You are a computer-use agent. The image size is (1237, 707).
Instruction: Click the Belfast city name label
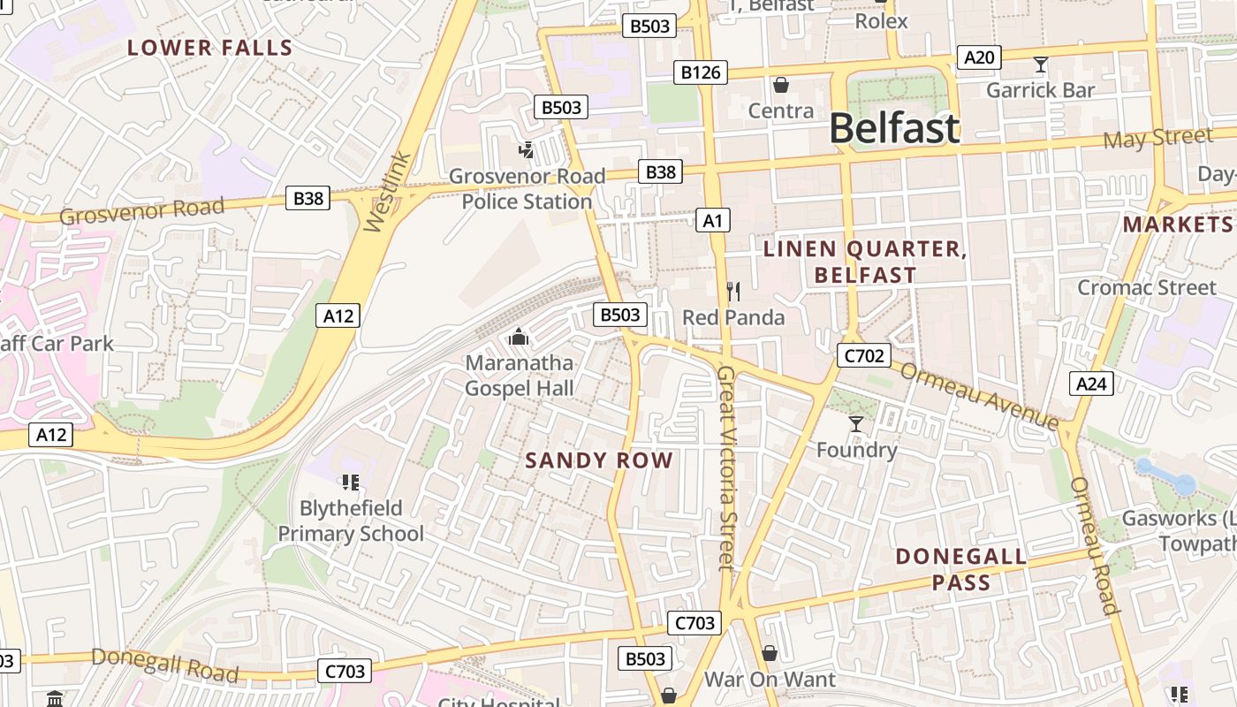tap(893, 128)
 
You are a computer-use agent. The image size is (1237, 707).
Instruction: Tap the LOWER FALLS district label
tap(209, 48)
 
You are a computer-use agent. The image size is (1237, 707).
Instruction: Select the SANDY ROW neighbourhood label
tap(599, 460)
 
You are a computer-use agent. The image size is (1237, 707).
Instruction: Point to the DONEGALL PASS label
tap(960, 569)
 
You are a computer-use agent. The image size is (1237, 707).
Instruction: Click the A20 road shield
tap(979, 58)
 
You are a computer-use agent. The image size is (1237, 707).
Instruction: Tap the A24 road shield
tap(1091, 384)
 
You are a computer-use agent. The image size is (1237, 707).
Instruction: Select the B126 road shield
tap(701, 72)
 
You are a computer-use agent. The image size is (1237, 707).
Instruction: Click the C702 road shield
tap(863, 356)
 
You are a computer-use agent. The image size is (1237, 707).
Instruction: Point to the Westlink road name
tap(388, 193)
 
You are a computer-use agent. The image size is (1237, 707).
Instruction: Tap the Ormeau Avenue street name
tap(979, 396)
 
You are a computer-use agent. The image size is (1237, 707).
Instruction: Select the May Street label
tap(1157, 139)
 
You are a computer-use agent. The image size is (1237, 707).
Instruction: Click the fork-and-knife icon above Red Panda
tap(732, 291)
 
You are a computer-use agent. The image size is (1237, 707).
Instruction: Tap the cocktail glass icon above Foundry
tap(855, 424)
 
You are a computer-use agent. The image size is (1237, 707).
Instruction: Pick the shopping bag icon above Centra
tap(780, 85)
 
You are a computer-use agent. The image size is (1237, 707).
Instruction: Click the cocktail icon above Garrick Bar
tap(1040, 65)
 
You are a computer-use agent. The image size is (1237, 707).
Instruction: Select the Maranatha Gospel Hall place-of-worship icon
tap(519, 337)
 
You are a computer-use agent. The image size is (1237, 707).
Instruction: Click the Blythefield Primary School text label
tap(351, 521)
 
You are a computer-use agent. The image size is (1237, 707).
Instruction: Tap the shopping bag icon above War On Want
tap(770, 653)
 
